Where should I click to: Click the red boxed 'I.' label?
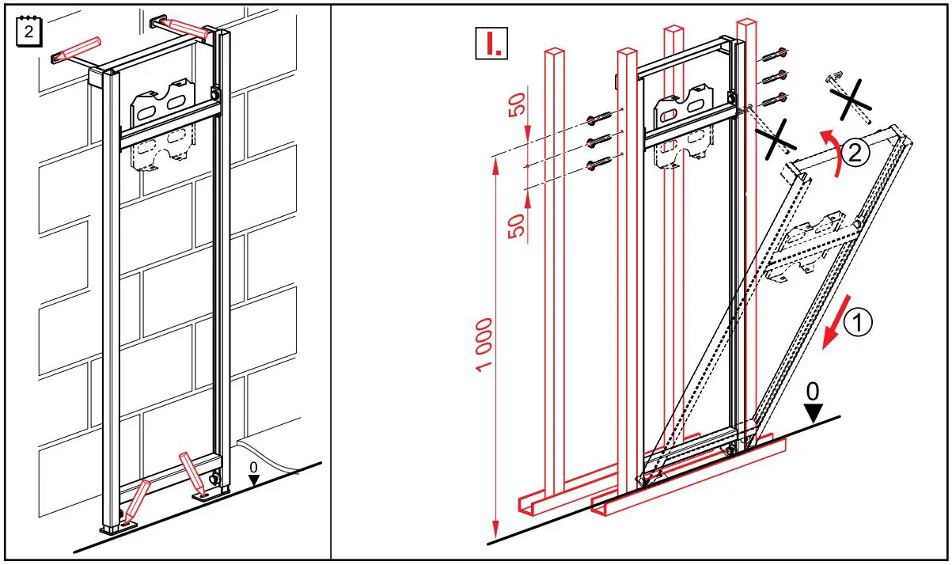(x=490, y=45)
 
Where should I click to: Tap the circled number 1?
(x=858, y=322)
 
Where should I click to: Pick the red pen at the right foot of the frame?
(x=194, y=473)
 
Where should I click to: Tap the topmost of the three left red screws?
(x=601, y=119)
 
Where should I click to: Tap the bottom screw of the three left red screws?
(x=600, y=165)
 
